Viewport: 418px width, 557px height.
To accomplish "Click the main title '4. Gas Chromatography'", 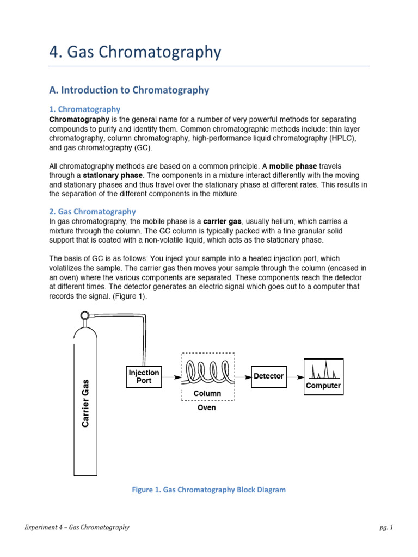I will point(136,52).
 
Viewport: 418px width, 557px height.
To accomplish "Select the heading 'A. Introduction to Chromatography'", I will point(129,90).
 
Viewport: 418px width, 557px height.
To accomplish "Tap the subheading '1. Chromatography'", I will point(89,109).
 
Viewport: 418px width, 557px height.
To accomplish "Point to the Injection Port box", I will point(144,376).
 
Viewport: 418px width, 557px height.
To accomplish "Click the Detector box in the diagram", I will point(269,376).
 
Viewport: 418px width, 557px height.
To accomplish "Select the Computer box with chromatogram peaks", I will point(323,376).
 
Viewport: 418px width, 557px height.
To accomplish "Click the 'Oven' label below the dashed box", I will point(206,407).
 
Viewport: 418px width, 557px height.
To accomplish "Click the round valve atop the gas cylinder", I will point(84,315).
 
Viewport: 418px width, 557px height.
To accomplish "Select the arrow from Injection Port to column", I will point(172,376).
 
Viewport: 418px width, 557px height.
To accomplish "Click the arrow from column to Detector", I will point(243,376).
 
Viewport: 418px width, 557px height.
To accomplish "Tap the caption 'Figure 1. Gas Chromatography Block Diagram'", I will point(208,490).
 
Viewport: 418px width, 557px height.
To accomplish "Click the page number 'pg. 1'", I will point(386,527).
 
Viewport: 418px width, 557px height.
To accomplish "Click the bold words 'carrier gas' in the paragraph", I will point(223,221).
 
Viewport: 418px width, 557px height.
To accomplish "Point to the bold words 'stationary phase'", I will point(113,175).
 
